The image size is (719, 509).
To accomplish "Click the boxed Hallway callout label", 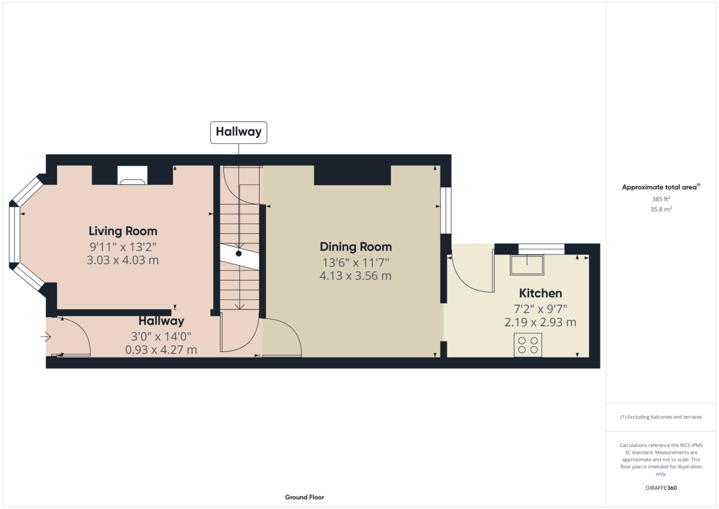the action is (x=238, y=132).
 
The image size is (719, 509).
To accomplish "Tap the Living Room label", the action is (x=123, y=231).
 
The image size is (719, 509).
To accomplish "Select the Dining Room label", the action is (x=356, y=247).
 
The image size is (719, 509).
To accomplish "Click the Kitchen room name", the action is (x=540, y=293).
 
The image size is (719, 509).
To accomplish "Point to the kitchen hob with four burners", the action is (x=528, y=345).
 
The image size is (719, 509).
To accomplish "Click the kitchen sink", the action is (x=527, y=265).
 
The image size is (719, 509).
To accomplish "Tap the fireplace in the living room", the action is (x=132, y=175).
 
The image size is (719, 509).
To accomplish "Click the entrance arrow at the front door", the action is (x=46, y=337).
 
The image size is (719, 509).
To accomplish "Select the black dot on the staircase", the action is (x=238, y=254).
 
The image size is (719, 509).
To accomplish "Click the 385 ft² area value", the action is (x=661, y=199).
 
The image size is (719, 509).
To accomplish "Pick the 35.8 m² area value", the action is (x=661, y=209).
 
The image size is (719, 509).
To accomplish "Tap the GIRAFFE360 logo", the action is (x=661, y=488).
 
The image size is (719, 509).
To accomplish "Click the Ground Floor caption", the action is (x=304, y=497).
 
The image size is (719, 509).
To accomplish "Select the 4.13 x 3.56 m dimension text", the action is (x=356, y=276).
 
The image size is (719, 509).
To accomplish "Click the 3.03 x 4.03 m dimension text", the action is (x=123, y=260).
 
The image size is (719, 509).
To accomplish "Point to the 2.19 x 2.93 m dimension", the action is (x=540, y=322).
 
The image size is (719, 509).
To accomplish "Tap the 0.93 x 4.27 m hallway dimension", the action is (x=161, y=350).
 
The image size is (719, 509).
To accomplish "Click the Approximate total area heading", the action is (x=661, y=187).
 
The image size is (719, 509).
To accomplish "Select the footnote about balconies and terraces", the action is (x=661, y=417).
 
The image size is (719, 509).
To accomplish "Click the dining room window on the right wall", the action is (x=446, y=210).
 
